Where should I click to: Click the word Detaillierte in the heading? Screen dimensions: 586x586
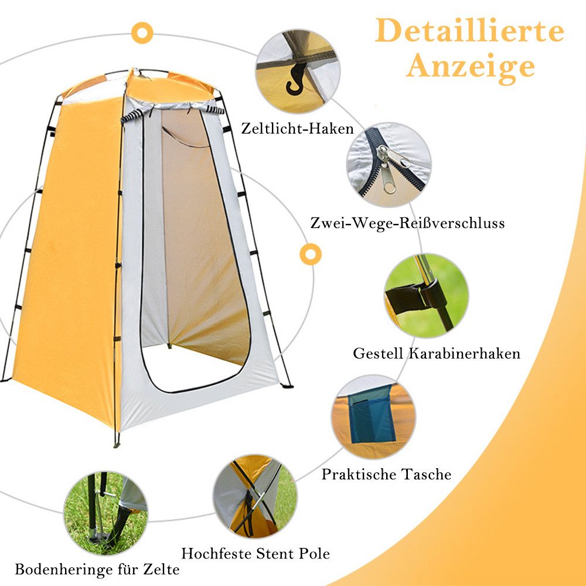coord(469,31)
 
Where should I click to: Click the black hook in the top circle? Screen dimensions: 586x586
coord(296,79)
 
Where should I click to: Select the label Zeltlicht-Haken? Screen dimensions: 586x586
coord(297,128)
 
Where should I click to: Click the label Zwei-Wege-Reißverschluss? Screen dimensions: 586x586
coord(407,223)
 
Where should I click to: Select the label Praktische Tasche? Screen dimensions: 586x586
coord(386,474)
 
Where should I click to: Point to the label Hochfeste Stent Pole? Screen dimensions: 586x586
coord(255,553)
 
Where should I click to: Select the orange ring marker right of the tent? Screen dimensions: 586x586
coord(310,254)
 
